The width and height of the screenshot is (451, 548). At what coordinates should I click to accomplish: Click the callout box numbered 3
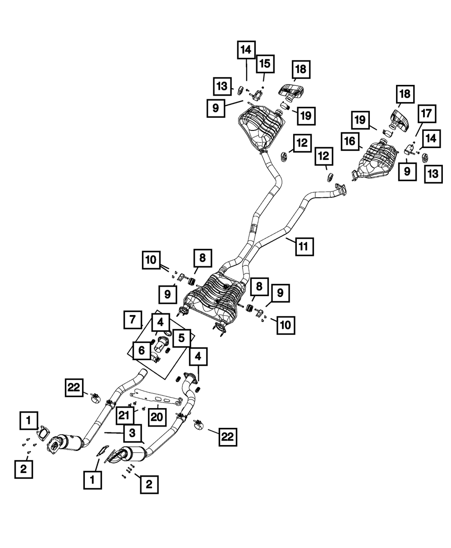tap(132, 433)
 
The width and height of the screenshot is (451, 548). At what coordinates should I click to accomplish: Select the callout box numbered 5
tap(181, 338)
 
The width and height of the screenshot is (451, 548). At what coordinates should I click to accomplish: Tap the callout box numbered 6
tap(142, 350)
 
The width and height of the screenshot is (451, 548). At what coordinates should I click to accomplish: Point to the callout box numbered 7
tap(133, 320)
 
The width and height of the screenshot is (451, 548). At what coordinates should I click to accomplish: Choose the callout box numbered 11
tap(304, 246)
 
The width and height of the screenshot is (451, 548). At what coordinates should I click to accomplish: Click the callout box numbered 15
tap(265, 64)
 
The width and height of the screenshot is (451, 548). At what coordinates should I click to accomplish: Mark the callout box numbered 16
tap(350, 141)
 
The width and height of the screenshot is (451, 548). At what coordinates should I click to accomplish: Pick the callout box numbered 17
tap(427, 114)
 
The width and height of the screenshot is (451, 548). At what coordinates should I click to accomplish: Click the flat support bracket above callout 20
tap(156, 400)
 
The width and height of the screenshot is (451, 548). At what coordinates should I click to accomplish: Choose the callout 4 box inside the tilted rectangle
tap(161, 322)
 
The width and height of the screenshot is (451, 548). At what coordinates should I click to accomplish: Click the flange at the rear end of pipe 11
tap(341, 190)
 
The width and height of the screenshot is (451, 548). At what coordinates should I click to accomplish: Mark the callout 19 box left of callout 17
tap(360, 120)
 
